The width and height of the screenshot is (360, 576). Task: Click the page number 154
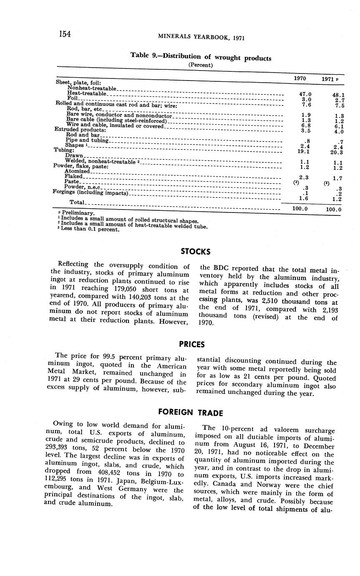coord(65,34)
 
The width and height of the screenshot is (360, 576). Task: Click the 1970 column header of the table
coord(300,78)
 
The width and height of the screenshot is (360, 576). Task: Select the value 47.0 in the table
coord(305,94)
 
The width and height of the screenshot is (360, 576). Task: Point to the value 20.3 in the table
coord(335,152)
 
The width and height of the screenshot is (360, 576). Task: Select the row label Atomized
coord(77,171)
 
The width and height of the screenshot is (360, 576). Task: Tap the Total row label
coord(77,202)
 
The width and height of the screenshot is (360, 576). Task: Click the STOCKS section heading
coord(196,252)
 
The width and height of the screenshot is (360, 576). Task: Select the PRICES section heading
coord(192,344)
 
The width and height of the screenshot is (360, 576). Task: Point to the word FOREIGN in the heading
coord(175,412)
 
